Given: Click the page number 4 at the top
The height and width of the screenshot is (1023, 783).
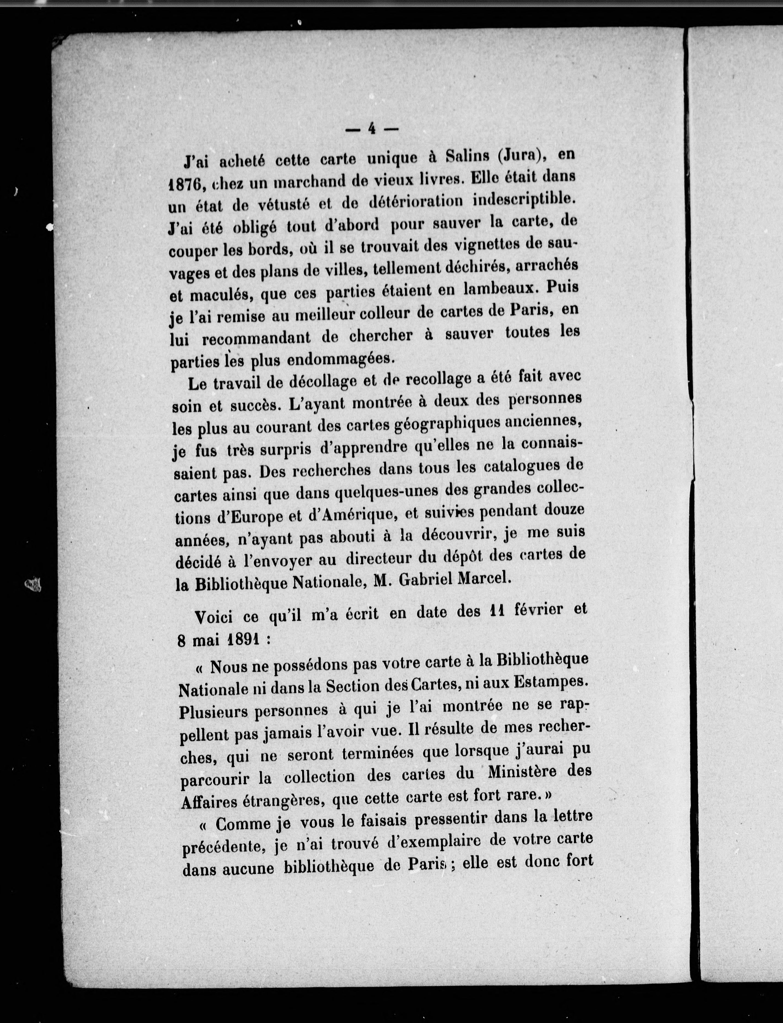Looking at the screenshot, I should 372,129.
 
